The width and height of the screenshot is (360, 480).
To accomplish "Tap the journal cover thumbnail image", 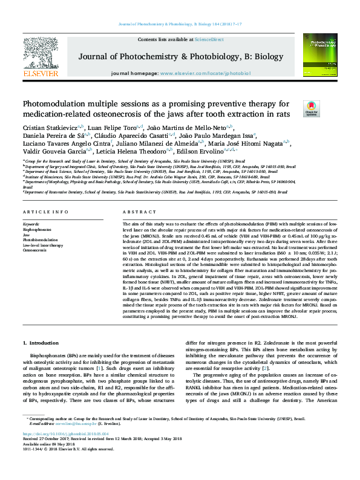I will [x=319, y=55].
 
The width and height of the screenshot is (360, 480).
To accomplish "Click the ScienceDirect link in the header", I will [x=209, y=39].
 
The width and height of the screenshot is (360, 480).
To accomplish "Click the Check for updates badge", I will [x=312, y=108].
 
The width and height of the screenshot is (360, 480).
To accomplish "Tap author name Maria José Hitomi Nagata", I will [x=249, y=143].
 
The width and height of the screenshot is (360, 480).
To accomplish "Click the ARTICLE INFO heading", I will [x=45, y=213].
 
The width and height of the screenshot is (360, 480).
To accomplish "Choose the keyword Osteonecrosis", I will [x=35, y=250].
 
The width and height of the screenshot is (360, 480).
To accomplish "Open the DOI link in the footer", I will [x=61, y=451].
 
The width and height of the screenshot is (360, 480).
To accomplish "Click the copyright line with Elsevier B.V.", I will [x=63, y=466].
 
